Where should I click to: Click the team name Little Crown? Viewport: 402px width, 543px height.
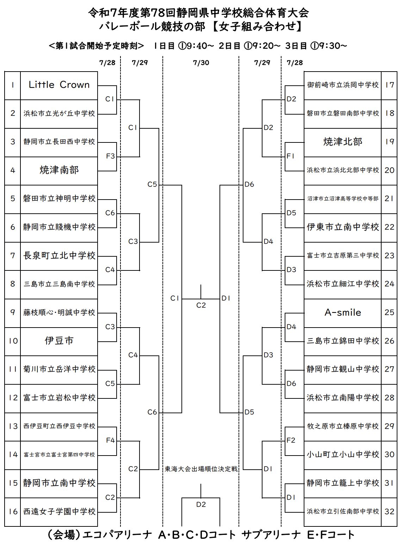click(59, 85)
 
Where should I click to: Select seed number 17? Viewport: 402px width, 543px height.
click(389, 85)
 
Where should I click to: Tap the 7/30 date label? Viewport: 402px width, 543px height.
click(201, 63)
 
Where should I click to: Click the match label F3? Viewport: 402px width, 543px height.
click(110, 156)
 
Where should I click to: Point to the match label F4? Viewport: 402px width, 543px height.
click(110, 440)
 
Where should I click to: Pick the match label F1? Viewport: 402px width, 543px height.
click(290, 156)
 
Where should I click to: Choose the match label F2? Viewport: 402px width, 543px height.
click(291, 440)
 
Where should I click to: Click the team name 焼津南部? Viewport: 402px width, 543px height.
click(59, 170)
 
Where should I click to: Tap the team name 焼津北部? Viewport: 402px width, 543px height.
click(342, 142)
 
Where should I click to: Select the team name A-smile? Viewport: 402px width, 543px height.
click(342, 312)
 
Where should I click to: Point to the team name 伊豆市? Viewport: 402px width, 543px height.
click(59, 341)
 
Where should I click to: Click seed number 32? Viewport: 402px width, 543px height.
click(389, 511)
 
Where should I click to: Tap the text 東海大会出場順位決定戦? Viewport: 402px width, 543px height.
click(201, 469)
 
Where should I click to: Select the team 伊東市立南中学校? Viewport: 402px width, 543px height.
click(342, 227)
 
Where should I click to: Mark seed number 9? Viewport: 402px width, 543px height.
click(13, 312)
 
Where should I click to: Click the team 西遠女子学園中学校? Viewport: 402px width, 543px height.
click(59, 511)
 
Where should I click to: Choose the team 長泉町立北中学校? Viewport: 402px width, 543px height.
click(59, 256)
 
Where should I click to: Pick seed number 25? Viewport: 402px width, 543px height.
click(389, 312)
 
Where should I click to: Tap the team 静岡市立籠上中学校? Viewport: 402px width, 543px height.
click(342, 483)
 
